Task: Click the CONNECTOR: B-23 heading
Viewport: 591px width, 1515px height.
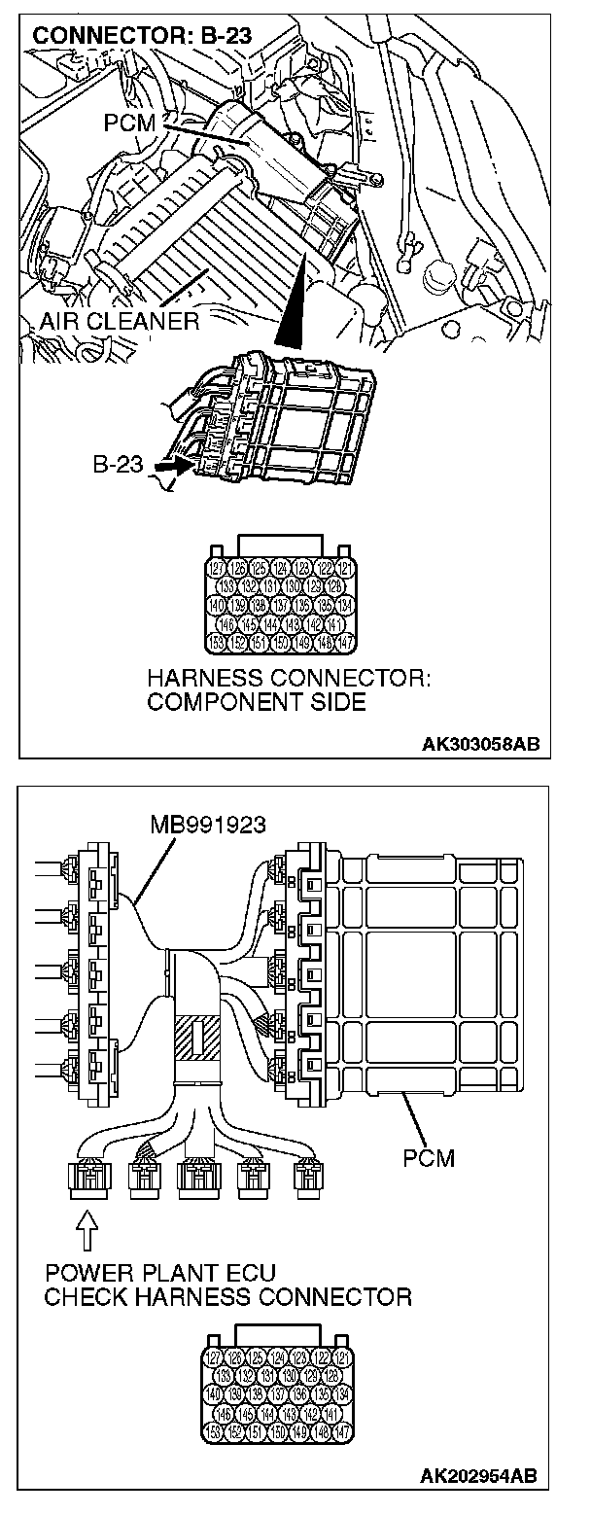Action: point(143,37)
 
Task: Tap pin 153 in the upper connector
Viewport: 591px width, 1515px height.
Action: point(218,641)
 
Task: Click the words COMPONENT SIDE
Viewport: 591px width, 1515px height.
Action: point(257,702)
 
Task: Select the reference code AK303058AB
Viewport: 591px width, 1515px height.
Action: point(480,746)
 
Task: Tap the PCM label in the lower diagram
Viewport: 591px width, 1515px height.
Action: point(429,1158)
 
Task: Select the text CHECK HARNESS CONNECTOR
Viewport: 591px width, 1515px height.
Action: point(228,1296)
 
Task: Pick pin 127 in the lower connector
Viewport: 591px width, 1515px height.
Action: point(218,1356)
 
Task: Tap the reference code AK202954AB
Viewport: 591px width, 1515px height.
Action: point(480,1476)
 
